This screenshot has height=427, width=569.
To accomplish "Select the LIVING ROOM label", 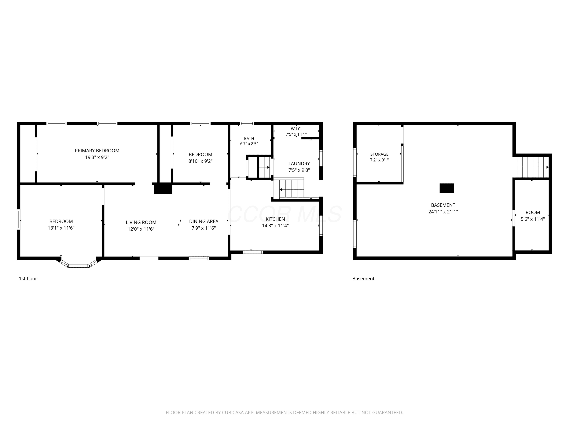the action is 141,222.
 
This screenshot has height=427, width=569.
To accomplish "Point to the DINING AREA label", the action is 204,221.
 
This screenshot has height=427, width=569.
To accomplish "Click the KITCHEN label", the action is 275,219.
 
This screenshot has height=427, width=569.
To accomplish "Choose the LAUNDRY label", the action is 299,163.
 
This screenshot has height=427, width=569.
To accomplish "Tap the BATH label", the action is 249,139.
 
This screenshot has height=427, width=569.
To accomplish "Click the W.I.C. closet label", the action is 296,129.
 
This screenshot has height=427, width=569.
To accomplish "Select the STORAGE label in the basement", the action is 379,154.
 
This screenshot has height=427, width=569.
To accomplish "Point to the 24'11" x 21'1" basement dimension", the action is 443,212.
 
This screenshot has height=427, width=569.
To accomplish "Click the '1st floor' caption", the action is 28,278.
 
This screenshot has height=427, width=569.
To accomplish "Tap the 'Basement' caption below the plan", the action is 363,278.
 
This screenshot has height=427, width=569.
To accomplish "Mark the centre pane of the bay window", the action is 79,266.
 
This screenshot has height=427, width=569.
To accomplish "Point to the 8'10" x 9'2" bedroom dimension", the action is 200,161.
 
